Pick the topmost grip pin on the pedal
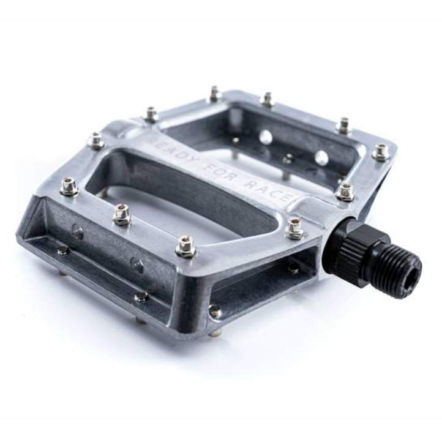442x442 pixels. click(x=215, y=93)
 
